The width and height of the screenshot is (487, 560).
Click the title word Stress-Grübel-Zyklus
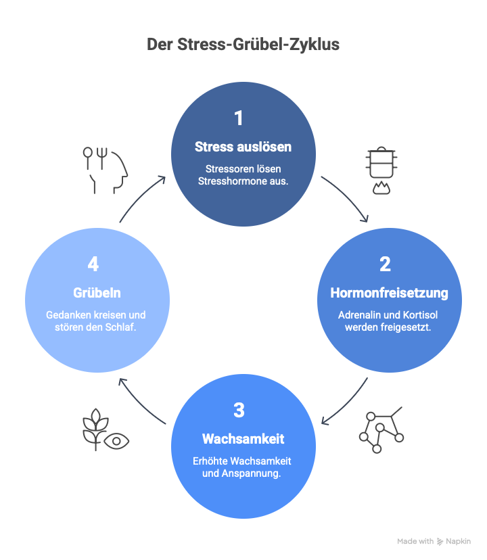click(258, 45)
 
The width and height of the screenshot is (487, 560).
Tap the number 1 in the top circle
click(238, 119)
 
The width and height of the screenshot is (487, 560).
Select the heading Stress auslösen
click(243, 147)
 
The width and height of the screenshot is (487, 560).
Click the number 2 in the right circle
click(385, 264)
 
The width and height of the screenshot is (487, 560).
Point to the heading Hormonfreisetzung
click(389, 293)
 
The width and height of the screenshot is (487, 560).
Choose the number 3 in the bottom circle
click(239, 410)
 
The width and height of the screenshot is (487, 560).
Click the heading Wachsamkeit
click(243, 439)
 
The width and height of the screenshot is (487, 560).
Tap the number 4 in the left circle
click(93, 264)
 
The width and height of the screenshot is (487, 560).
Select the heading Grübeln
click(97, 293)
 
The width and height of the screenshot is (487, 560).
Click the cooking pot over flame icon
click(381, 169)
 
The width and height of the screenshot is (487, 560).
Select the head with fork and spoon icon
click(106, 169)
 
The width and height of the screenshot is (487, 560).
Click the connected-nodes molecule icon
click(381, 430)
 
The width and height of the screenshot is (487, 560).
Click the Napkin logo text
click(458, 541)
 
